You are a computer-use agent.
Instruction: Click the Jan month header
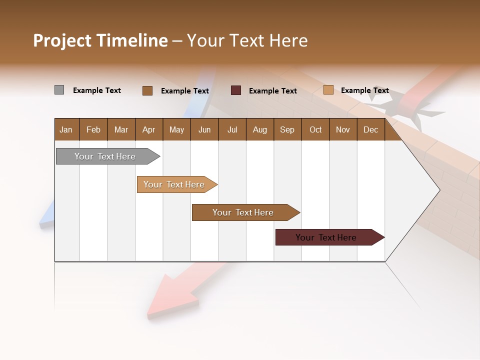click(x=66, y=129)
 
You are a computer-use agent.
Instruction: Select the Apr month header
click(x=148, y=129)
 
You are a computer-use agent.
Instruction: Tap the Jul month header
click(x=232, y=129)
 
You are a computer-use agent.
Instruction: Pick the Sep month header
click(x=287, y=129)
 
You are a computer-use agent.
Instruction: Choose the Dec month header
click(x=370, y=129)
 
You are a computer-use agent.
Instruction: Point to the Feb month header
click(x=93, y=129)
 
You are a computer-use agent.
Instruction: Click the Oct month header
click(x=315, y=129)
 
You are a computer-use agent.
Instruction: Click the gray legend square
click(x=59, y=90)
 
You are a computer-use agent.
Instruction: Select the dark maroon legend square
click(x=236, y=90)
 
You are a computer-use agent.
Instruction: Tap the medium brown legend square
click(x=147, y=90)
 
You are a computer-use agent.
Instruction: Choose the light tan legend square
click(x=328, y=90)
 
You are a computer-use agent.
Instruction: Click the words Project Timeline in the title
click(x=100, y=40)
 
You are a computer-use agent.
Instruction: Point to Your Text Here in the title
click(x=247, y=40)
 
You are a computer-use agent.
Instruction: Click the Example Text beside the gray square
click(x=97, y=90)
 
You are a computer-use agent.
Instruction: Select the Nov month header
click(x=342, y=129)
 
